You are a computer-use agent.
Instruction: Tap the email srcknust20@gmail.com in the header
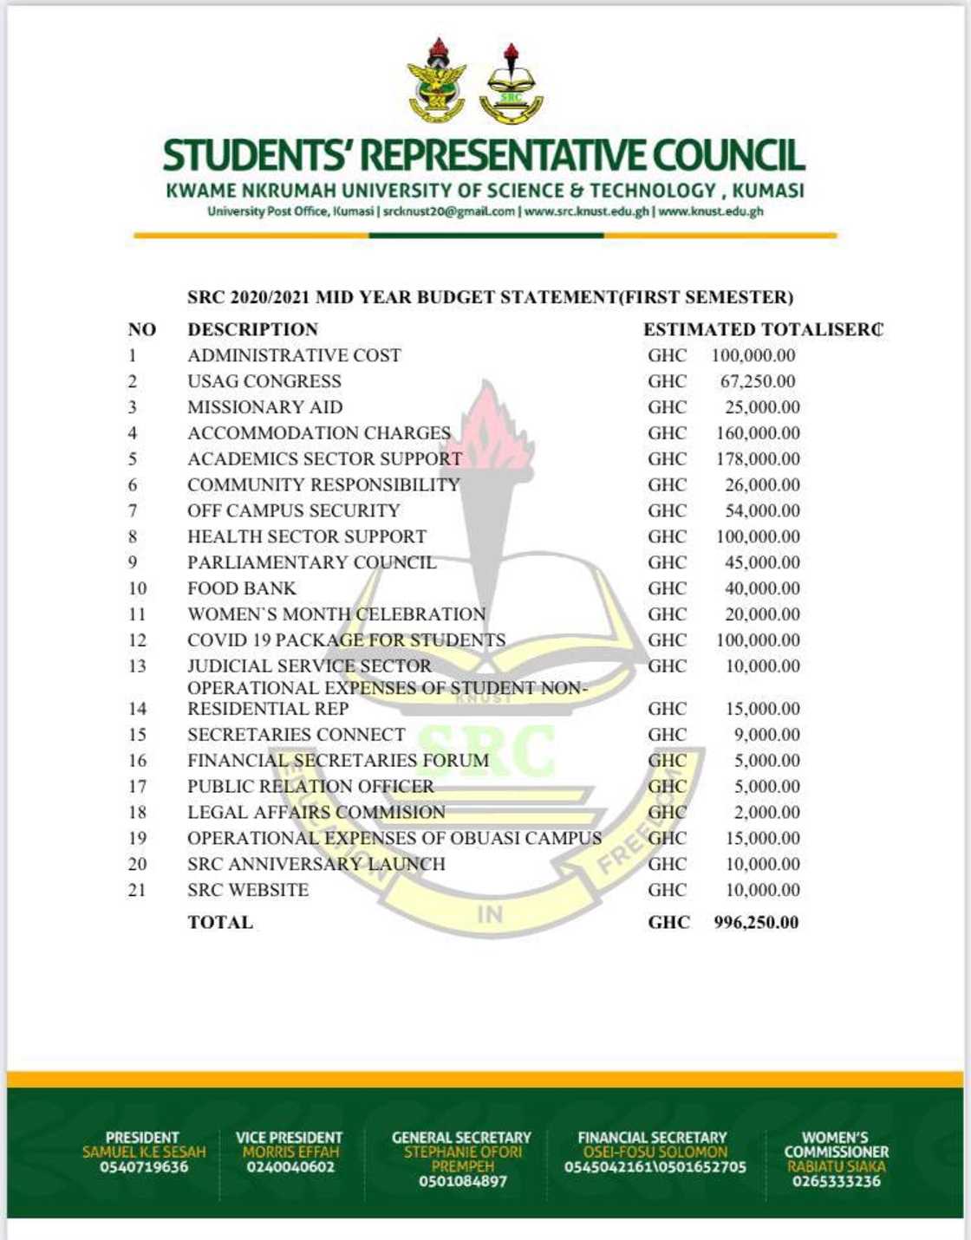click(x=448, y=211)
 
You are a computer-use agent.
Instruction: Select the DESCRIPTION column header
click(x=252, y=329)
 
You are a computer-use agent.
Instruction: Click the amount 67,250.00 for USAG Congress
click(x=757, y=381)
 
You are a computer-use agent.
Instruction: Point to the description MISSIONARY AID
click(x=264, y=407)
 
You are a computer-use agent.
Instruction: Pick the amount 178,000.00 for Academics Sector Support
click(x=758, y=459)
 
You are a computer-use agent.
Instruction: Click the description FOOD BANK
click(x=242, y=588)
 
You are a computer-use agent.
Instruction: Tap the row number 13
click(x=137, y=666)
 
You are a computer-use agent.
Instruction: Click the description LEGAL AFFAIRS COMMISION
click(x=316, y=813)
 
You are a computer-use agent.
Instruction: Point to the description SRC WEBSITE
click(x=248, y=890)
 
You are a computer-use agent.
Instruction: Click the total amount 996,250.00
click(x=755, y=922)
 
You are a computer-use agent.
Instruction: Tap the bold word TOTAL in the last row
click(x=220, y=922)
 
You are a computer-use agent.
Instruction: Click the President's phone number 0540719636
click(x=144, y=1167)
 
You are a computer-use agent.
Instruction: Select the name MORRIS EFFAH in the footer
click(x=290, y=1152)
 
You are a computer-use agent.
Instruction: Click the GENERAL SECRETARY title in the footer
click(x=461, y=1137)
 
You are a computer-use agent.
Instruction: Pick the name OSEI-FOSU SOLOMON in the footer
click(x=655, y=1152)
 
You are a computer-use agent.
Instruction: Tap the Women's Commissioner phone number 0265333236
click(x=836, y=1181)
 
